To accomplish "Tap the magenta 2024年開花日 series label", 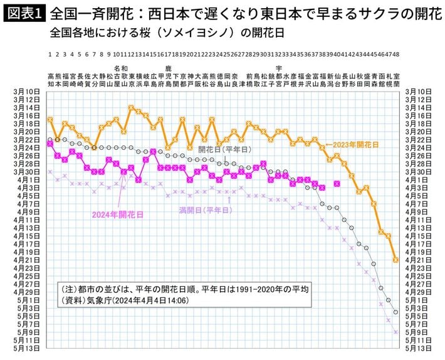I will pos(117,214).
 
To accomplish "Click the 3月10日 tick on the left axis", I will pos(26,92).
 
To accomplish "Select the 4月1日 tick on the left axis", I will pos(28,180).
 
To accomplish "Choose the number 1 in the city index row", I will pos(50,55).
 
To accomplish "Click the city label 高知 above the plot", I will pos(50,79).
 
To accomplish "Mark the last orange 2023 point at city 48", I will pos(395,259).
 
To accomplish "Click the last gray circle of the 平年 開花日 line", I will pos(395,312).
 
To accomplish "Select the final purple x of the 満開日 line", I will pos(395,332).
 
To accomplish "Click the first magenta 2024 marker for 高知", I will pos(50,144).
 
